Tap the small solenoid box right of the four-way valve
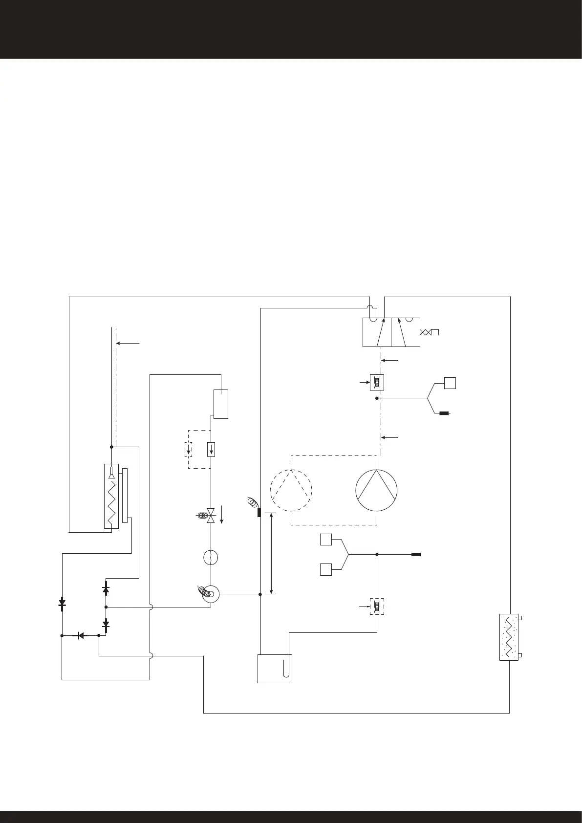[435, 332]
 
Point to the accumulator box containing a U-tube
[275, 668]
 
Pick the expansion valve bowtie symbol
[211, 516]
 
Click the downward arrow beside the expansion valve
[222, 515]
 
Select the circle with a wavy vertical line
[210, 558]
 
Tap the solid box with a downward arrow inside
[211, 449]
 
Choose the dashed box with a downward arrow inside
[189, 449]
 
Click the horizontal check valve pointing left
[80, 636]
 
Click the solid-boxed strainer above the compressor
[377, 382]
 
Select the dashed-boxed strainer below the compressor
[377, 606]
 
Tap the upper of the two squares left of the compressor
[326, 540]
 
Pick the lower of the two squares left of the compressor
[326, 569]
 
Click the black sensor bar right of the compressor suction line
[416, 555]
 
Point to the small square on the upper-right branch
[450, 383]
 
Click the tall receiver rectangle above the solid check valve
[221, 404]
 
